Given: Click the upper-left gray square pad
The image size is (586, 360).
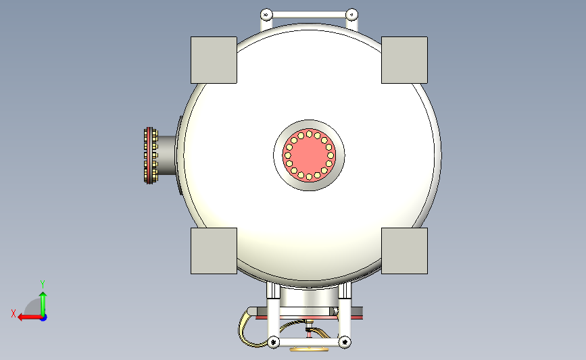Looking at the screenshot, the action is click(214, 60).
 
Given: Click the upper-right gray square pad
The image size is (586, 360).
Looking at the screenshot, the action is click(404, 60).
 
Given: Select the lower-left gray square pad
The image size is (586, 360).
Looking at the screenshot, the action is click(214, 251).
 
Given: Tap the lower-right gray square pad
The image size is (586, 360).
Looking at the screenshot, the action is click(404, 251).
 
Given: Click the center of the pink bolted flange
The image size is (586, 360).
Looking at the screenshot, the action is click(309, 155).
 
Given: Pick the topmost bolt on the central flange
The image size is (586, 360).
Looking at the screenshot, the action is click(309, 134).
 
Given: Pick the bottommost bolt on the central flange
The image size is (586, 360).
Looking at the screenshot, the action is click(309, 177).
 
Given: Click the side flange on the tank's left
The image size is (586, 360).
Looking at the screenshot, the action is click(151, 155).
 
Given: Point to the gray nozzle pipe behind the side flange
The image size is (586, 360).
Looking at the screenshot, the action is click(167, 155).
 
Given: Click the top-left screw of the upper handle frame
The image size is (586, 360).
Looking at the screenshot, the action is click(266, 15).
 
